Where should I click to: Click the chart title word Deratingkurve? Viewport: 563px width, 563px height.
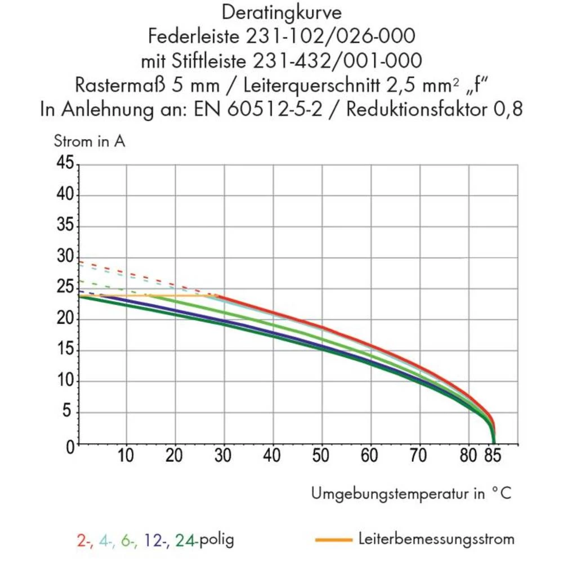281,12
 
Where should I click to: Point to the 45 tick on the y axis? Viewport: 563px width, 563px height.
65,164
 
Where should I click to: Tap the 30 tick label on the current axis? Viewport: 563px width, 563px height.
65,257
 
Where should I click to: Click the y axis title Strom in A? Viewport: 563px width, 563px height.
90,141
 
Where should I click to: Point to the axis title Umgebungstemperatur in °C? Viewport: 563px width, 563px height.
412,494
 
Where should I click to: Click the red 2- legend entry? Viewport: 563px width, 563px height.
84,540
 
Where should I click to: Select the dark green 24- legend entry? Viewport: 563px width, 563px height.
187,540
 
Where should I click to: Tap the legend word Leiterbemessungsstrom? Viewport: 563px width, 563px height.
436,539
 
